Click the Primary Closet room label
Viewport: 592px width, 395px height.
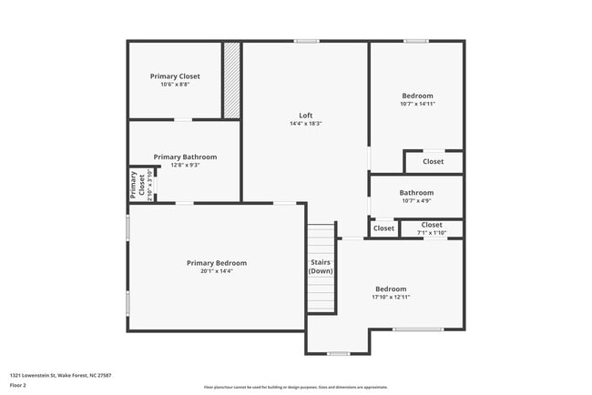pos(175,76)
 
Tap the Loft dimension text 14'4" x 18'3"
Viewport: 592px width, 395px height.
pos(306,124)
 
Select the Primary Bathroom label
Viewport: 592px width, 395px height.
pos(184,157)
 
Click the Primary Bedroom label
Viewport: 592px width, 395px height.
pos(217,263)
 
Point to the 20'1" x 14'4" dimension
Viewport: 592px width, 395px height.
pos(217,271)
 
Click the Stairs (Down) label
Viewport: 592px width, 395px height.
pos(321,267)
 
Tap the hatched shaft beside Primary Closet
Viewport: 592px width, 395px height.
pos(232,80)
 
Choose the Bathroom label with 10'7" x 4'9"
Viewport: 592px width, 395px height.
pos(416,193)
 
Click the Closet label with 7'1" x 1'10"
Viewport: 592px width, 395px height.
pos(432,225)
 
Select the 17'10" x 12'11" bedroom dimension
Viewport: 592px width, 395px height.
pos(391,297)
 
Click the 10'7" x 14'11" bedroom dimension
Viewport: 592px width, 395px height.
pos(417,104)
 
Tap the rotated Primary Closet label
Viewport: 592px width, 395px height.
pos(137,185)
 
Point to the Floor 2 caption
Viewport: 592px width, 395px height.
pos(19,385)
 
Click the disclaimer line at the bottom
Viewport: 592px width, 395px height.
pos(295,388)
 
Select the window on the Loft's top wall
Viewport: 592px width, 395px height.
pos(306,41)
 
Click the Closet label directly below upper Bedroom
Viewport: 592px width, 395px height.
pos(433,161)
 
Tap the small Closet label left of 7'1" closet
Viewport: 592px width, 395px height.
pos(383,228)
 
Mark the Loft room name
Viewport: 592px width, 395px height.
pos(306,116)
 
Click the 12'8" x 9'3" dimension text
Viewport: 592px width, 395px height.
pos(184,165)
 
